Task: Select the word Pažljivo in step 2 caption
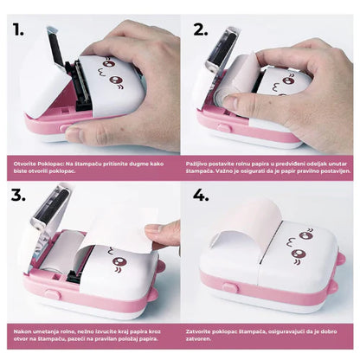(x=198, y=162)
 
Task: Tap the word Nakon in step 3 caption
(x=23, y=331)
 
